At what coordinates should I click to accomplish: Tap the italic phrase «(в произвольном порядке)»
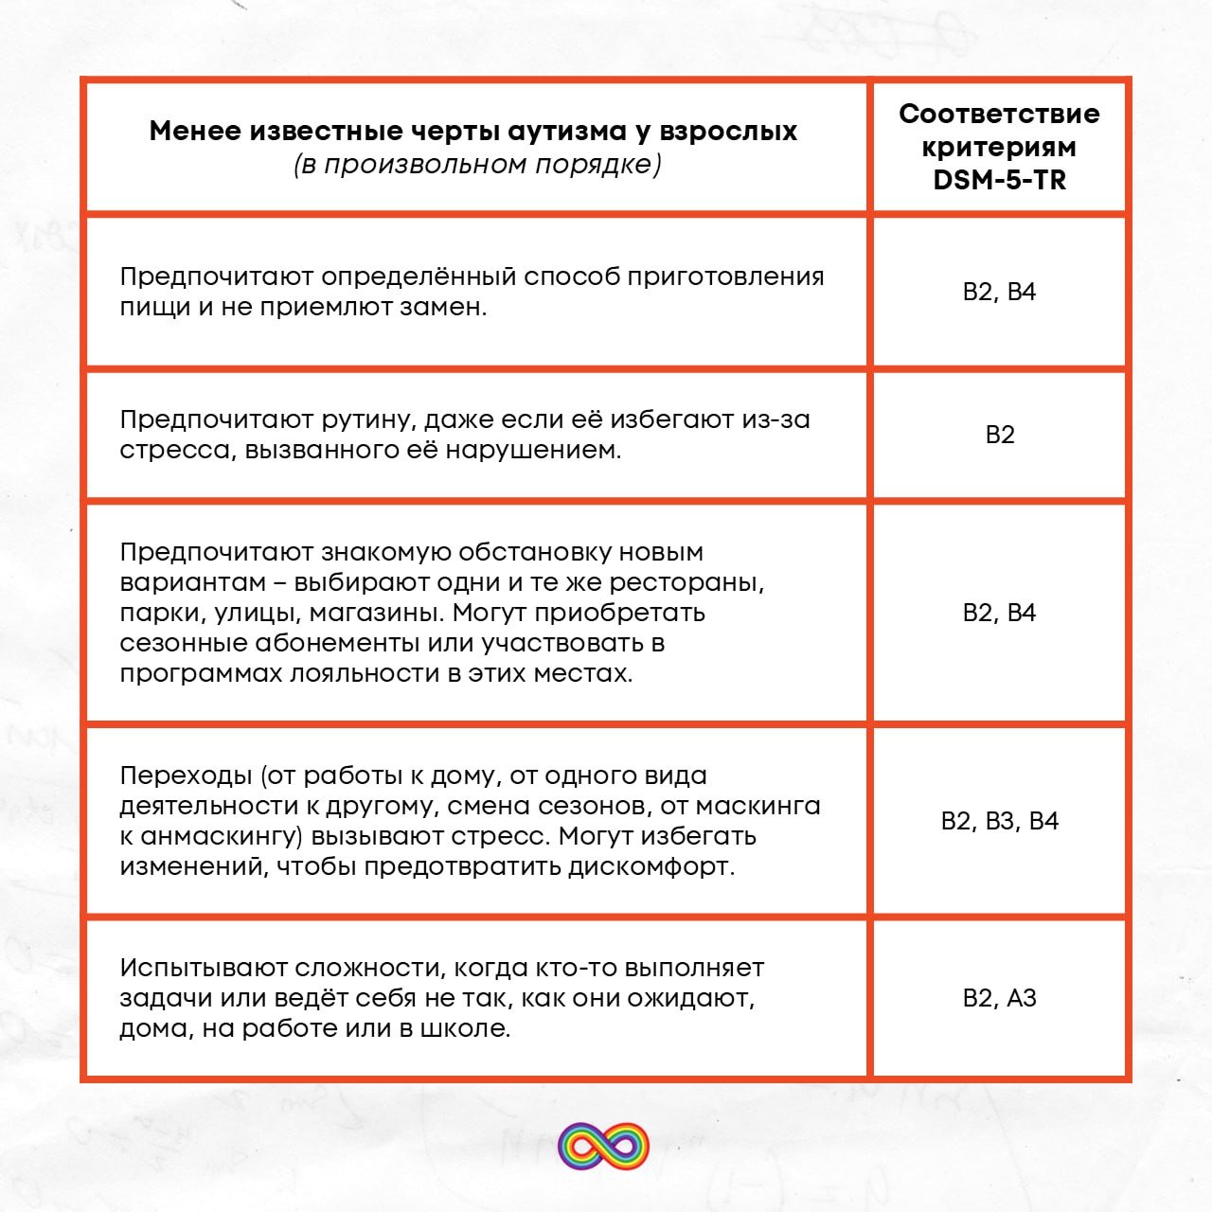coord(477,164)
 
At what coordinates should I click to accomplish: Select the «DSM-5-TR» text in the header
coord(999,180)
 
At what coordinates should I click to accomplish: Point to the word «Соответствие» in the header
coord(999,114)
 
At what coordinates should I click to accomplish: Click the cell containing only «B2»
coord(999,435)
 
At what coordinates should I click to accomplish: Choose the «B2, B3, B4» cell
coord(999,821)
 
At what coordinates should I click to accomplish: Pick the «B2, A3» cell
coord(999,998)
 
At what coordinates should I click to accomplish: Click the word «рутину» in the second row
coord(365,419)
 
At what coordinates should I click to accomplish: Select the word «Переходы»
coord(188,775)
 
